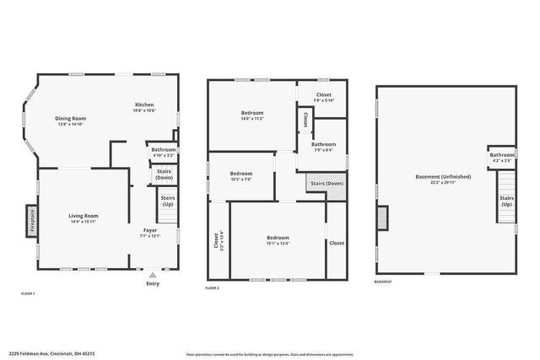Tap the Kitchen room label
coord(143,107)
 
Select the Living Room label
coord(84,218)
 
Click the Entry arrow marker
coord(152,275)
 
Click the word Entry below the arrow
coord(152,283)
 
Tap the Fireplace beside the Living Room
coord(32,218)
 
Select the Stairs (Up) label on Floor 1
coord(168,202)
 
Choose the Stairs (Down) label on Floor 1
coord(164,175)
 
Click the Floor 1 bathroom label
coord(163,152)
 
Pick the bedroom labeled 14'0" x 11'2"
coord(252,116)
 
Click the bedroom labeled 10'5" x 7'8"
coord(240,176)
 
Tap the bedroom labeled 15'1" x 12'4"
coord(278,240)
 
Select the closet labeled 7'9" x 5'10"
coord(324,97)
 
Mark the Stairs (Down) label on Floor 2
coord(327,183)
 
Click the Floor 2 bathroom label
coord(322,147)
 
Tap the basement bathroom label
coord(502,157)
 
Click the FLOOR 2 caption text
coord(213,288)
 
